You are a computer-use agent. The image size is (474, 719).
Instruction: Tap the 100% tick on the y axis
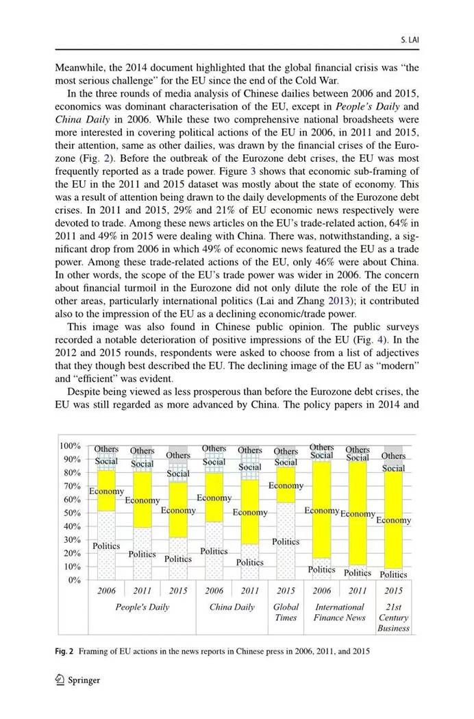[72, 446]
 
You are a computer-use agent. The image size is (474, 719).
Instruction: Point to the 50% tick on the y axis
[74, 513]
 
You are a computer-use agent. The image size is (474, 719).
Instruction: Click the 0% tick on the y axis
[76, 581]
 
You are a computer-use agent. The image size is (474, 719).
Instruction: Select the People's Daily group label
[142, 607]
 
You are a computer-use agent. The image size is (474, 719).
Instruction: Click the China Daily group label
[232, 607]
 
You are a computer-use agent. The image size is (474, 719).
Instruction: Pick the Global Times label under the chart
[286, 612]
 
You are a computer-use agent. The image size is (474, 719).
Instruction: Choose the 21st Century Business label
[393, 617]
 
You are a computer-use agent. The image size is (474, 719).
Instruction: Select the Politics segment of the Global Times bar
[286, 541]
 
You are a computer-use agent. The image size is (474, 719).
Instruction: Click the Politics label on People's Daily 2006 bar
[106, 546]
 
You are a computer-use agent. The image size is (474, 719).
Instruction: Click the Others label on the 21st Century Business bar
[393, 456]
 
